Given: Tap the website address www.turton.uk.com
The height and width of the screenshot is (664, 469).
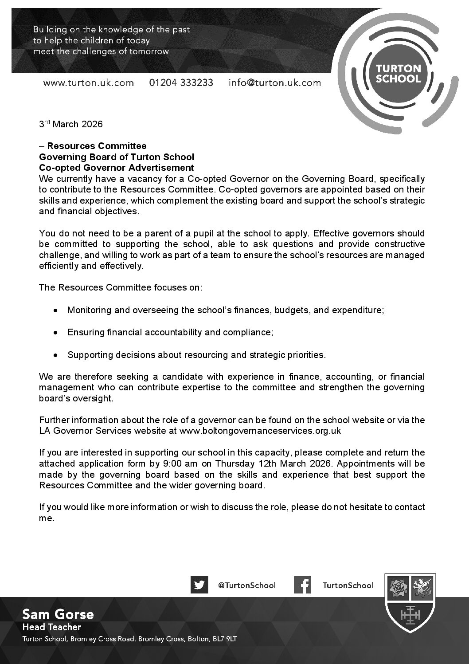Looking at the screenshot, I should [88, 83].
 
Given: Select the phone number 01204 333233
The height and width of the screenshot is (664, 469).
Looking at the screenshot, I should [181, 83].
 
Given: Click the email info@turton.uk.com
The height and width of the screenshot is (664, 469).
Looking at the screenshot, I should [274, 83].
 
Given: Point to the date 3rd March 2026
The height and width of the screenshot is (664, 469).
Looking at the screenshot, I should [71, 124].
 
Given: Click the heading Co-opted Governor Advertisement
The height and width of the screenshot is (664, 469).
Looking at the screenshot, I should [116, 168].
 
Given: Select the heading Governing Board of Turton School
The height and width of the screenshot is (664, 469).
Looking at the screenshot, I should [116, 157].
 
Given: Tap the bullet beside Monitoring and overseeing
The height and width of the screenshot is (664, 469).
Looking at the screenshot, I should [55, 310].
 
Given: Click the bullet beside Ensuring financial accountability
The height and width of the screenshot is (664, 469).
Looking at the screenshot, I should [55, 333].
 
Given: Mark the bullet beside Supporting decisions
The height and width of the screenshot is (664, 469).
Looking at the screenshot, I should [55, 355].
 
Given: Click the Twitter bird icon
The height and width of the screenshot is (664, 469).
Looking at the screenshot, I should [199, 585].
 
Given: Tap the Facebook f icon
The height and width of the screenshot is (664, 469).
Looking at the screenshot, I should [302, 585].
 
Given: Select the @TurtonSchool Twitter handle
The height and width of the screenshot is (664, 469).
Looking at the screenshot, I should [246, 585].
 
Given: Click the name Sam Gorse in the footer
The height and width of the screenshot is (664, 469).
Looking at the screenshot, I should [58, 614].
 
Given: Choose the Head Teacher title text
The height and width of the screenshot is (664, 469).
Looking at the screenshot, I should [52, 627].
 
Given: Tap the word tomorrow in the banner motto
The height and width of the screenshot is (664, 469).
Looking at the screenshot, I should [150, 51].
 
